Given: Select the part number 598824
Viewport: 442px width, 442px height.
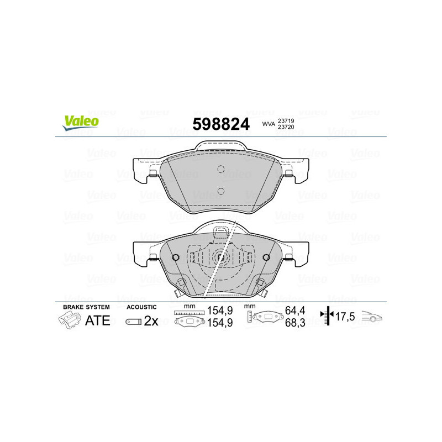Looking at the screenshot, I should pos(220,124).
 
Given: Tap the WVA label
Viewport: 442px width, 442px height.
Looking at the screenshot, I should pos(269,124).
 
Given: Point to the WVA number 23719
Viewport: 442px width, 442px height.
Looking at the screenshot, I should pos(285,120).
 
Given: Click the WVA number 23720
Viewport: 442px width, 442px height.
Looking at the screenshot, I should pos(285,128).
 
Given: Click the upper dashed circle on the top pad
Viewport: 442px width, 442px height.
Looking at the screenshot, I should pos(220,169).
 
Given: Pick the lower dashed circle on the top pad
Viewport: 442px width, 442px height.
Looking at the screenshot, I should pos(220,191).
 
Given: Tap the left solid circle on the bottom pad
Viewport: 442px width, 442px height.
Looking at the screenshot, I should pos(176,257).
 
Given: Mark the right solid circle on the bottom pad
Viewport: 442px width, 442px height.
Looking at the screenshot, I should pos(266,257).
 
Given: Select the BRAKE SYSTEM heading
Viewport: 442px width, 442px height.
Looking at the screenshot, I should pos(86,307).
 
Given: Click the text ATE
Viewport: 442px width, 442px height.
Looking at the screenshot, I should pos(97,321).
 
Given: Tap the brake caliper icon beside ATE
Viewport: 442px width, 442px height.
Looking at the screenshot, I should pos(70,320).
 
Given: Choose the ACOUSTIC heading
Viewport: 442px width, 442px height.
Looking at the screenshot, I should pos(141,307).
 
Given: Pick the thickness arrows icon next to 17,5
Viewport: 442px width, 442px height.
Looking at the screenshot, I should pos(329,317).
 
